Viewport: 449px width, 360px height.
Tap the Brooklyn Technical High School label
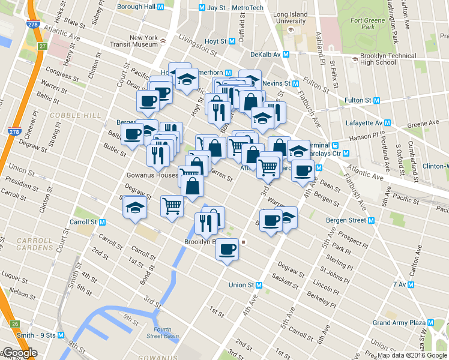point(388,59)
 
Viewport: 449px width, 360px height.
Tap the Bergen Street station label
point(349,220)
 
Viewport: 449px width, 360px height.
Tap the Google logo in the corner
point(19,353)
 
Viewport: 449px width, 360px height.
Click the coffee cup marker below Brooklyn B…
point(227,248)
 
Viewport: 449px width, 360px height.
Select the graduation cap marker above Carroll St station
point(135,208)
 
